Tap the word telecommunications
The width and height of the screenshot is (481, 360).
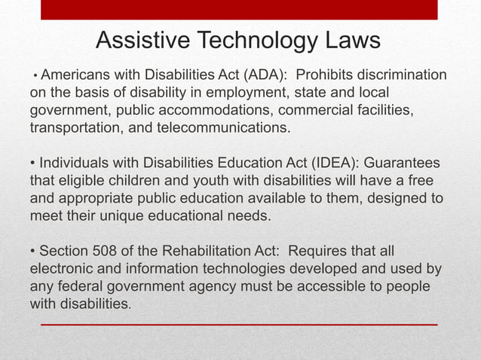coord(223,127)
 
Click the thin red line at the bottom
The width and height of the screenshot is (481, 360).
coord(239,324)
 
